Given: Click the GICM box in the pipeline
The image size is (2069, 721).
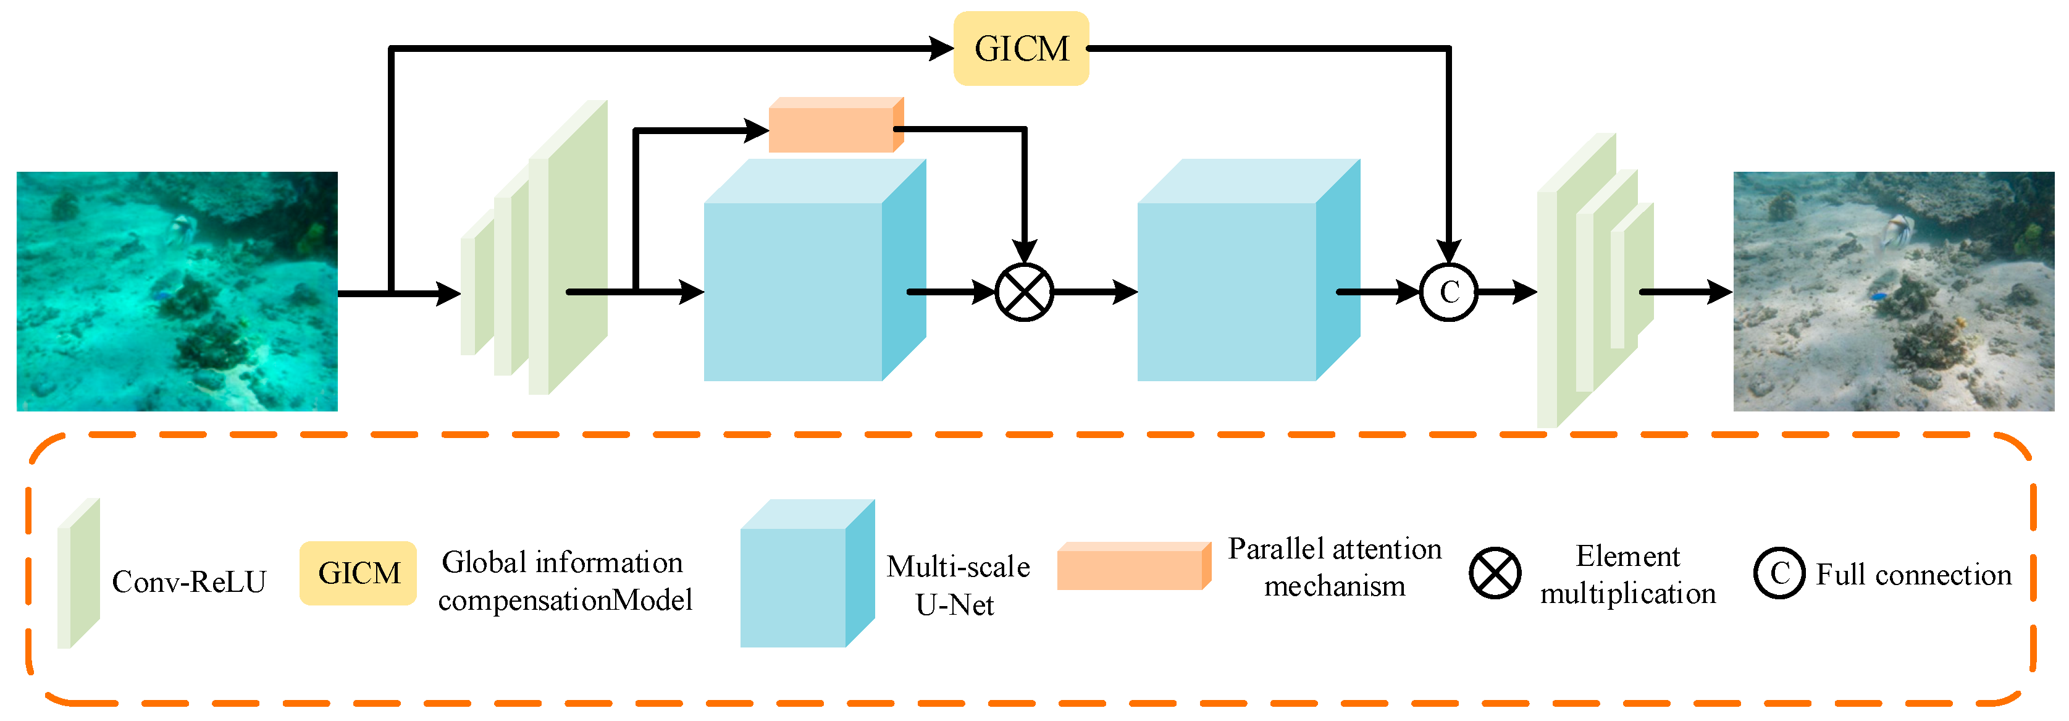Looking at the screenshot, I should tap(1020, 48).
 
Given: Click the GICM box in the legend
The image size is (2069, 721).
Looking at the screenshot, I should tap(358, 573).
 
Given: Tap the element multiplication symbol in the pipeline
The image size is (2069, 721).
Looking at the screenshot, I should tap(1024, 292).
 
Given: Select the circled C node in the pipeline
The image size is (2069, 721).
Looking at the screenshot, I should tap(1448, 292).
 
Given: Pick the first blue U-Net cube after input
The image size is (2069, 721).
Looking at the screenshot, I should tap(803, 281).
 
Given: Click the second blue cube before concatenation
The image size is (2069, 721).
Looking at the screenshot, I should tap(1237, 281).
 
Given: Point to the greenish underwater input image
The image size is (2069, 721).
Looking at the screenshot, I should tap(177, 291).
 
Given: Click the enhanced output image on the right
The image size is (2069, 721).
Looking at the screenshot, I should tap(1893, 291).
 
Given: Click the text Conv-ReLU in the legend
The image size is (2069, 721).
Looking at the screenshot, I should tap(189, 582).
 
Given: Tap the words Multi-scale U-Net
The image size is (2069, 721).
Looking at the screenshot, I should tap(957, 585).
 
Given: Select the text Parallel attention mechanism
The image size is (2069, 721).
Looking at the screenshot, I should tap(1334, 568).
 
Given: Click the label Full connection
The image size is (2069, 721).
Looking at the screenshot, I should tap(1913, 575).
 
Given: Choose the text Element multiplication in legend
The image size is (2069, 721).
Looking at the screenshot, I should tap(1627, 575).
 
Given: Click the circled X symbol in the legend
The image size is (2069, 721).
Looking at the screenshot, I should tap(1494, 573).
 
